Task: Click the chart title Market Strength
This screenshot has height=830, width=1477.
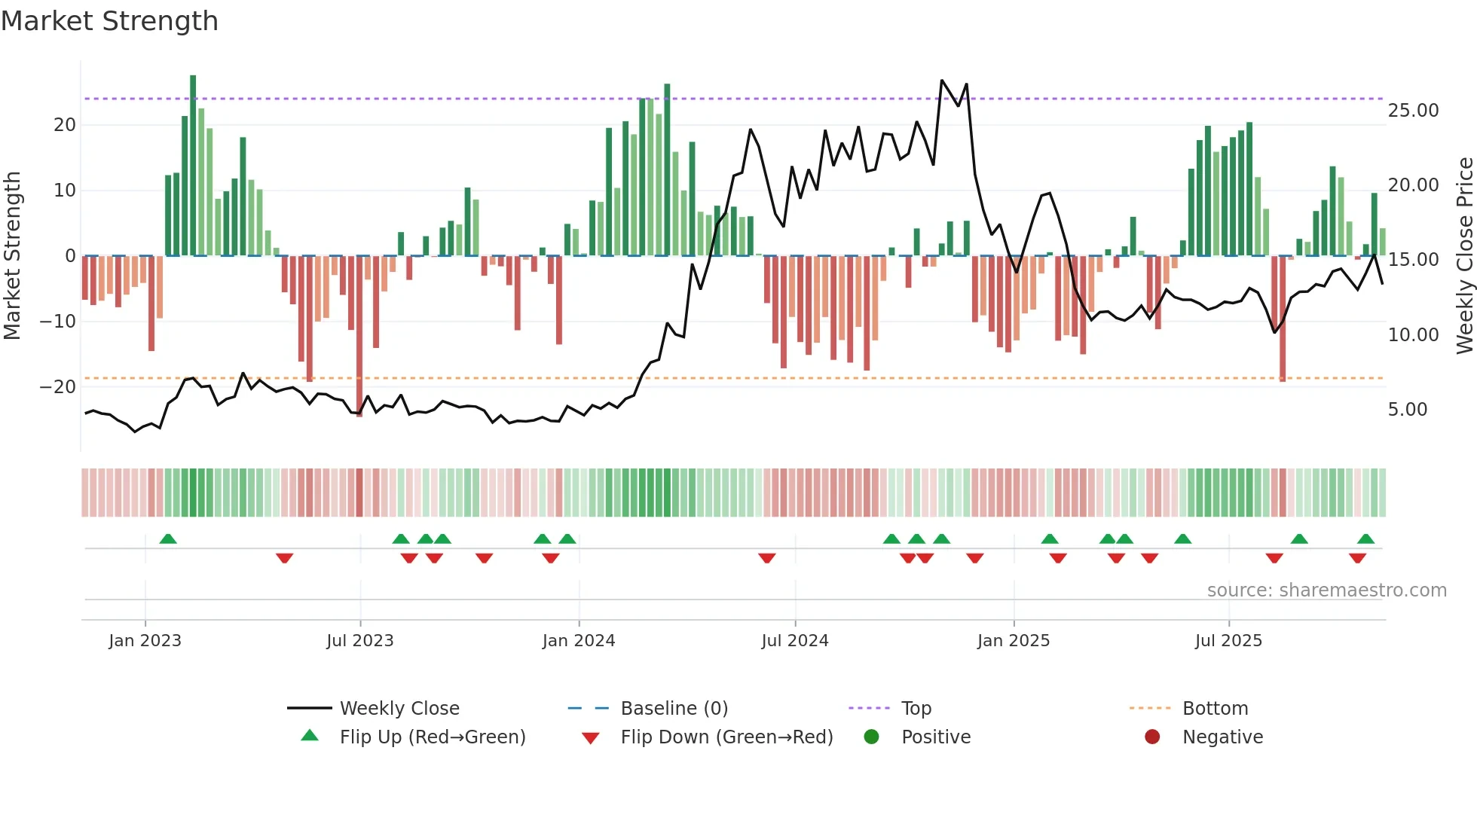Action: (109, 20)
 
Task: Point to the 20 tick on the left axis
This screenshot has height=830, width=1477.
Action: (65, 125)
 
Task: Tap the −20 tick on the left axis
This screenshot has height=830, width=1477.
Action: (58, 387)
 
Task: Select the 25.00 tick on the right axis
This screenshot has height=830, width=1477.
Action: (1413, 111)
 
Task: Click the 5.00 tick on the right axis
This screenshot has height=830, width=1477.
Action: (1408, 410)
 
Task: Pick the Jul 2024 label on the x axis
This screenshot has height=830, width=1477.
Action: (795, 641)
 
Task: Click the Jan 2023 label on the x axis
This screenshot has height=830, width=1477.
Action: (145, 641)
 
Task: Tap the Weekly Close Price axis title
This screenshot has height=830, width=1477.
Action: (1464, 256)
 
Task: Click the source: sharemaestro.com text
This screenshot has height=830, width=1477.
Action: (1326, 590)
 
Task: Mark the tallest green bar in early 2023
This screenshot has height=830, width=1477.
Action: (193, 166)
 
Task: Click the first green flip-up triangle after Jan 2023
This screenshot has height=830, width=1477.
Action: (168, 539)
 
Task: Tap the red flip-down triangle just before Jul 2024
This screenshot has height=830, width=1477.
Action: (766, 558)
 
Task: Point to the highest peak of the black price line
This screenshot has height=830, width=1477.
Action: (942, 81)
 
